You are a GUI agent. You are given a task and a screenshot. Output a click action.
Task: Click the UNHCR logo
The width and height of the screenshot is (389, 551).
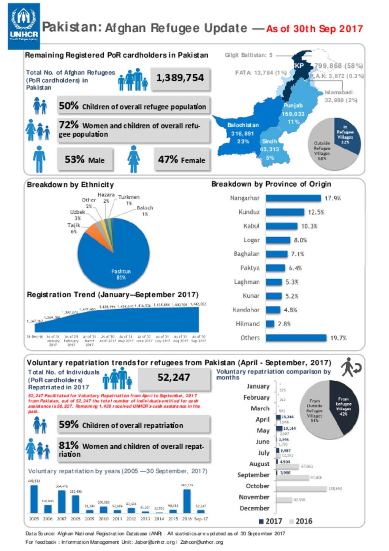[x=24, y=26]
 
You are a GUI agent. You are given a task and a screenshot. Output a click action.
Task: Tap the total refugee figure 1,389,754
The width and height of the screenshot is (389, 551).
[x=180, y=78]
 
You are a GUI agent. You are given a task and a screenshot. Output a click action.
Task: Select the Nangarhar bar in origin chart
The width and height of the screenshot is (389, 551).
[x=293, y=198]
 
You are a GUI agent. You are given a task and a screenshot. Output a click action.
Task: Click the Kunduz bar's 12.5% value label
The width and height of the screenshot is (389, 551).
[x=316, y=212]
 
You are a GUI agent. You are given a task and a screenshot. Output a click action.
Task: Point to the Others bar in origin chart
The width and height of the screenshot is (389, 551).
[x=296, y=338]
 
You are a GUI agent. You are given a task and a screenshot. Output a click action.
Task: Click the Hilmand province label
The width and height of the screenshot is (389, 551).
[x=247, y=324]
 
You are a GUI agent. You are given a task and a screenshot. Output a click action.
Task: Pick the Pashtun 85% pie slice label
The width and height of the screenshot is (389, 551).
[x=121, y=275]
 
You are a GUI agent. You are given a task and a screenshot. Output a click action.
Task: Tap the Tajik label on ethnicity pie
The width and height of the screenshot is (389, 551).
[x=74, y=225]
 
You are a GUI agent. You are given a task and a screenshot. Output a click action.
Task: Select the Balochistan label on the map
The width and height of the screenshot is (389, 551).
[x=243, y=125]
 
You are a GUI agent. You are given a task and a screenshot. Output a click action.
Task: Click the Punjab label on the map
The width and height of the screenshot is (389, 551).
[x=293, y=106]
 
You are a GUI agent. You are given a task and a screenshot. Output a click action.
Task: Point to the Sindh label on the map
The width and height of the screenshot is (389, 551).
[x=269, y=141]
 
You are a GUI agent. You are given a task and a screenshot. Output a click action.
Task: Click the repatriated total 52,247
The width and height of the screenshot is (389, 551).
[x=174, y=378]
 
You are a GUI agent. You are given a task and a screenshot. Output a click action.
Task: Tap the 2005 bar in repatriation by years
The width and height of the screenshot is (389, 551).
[x=34, y=499]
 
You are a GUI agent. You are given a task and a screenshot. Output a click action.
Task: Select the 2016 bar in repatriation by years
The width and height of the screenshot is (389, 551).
[x=187, y=501]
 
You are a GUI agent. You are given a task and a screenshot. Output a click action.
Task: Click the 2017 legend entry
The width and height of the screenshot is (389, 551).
[x=270, y=521]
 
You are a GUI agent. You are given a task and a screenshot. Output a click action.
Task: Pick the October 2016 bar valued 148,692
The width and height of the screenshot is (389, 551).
[x=301, y=489]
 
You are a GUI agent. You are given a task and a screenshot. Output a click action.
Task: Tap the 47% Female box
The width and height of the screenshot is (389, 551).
[x=182, y=160]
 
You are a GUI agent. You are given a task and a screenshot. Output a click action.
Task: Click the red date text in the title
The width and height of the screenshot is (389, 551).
[x=314, y=29]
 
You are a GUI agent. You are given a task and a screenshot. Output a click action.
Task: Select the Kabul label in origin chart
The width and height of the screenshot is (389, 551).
[x=251, y=226]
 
